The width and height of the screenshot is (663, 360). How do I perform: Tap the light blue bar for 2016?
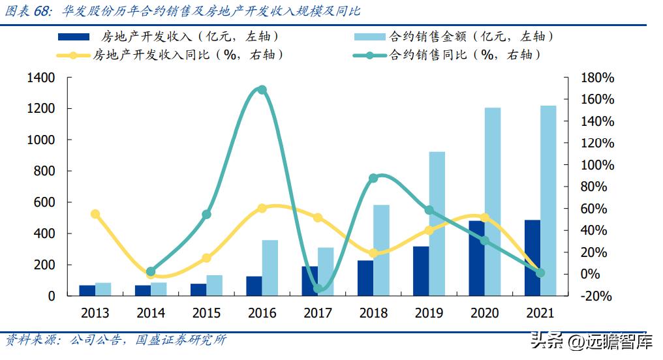pyautogui.click(x=270, y=267)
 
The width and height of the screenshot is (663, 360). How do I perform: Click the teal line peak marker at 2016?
pyautogui.click(x=262, y=90)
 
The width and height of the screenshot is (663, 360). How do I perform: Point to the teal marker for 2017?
pyautogui.click(x=318, y=288)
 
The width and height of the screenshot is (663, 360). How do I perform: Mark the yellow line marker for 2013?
pyautogui.click(x=95, y=214)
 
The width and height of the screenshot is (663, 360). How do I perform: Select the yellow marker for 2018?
pyautogui.click(x=373, y=253)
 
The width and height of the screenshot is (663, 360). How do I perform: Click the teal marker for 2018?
pyautogui.click(x=373, y=178)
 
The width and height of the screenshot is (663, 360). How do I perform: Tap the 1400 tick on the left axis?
pyautogui.click(x=41, y=78)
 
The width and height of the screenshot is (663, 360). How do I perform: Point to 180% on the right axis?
pyautogui.click(x=598, y=78)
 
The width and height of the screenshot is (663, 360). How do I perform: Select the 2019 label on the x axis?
pyautogui.click(x=429, y=313)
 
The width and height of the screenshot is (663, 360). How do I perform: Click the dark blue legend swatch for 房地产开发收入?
pyautogui.click(x=74, y=37)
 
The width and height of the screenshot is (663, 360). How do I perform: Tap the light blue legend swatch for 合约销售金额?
pyautogui.click(x=370, y=37)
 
